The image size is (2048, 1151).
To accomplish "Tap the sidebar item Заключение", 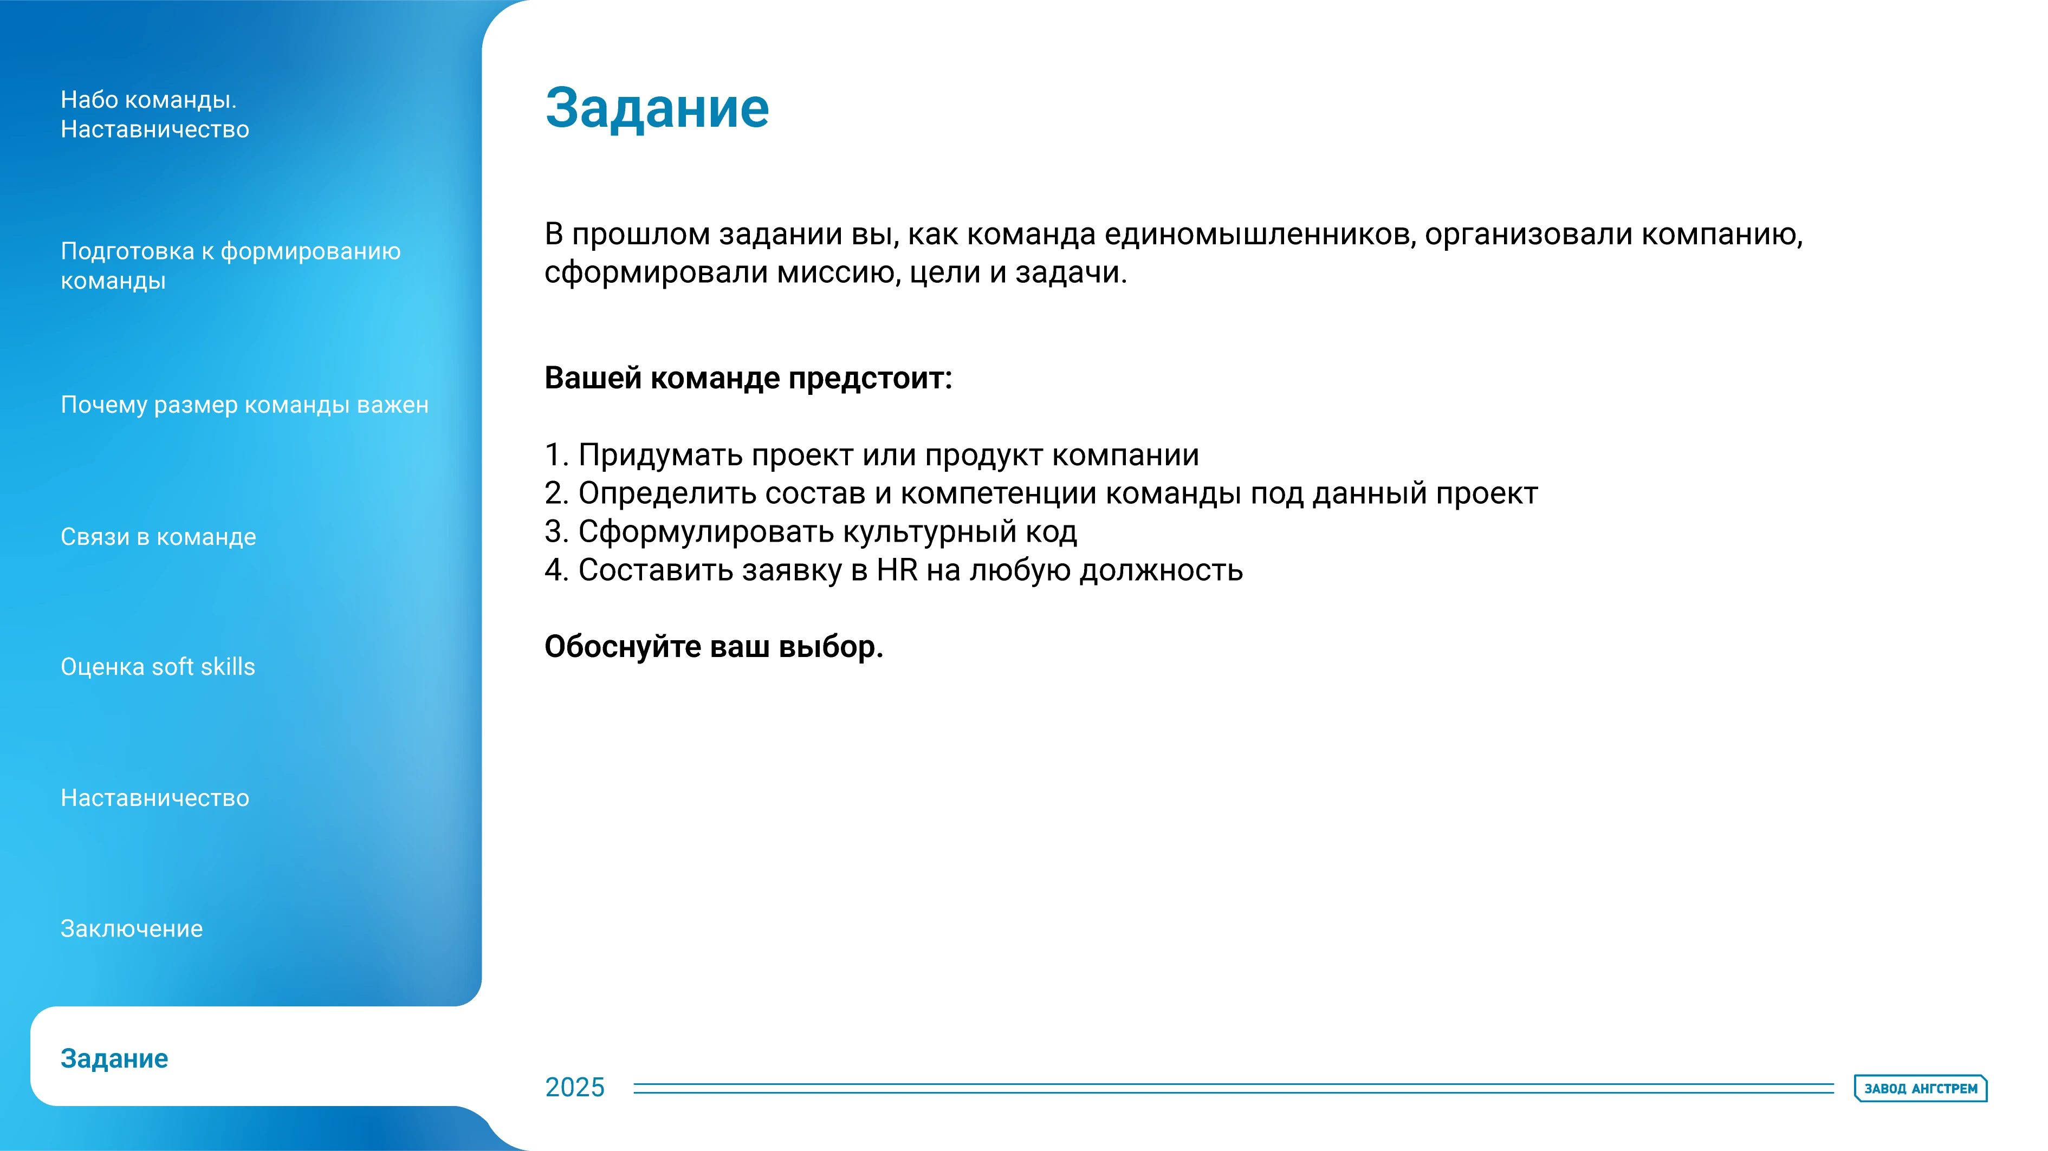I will pos(132,928).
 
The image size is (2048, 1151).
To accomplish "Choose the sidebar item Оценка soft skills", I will pos(158,666).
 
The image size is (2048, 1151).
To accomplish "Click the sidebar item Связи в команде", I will pos(158,537).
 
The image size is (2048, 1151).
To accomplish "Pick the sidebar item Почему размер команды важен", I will pos(244,405).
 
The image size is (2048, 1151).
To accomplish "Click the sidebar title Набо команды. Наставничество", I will pos(154,114).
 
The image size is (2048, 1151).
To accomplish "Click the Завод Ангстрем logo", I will pos(1920,1088).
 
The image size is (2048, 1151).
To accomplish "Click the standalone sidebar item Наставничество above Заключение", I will pos(154,797).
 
